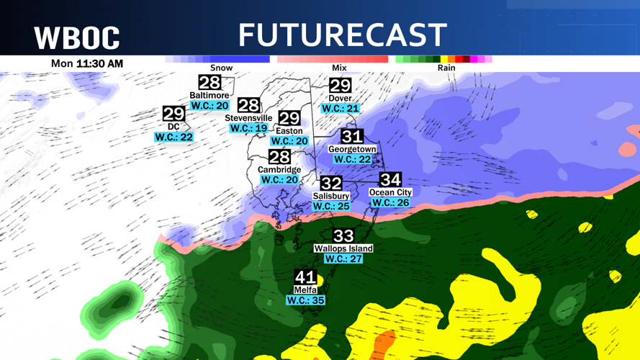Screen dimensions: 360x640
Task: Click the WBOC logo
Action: pyautogui.click(x=77, y=37)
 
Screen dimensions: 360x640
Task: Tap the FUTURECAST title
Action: pyautogui.click(x=343, y=35)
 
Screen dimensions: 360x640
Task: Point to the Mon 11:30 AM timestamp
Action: pyautogui.click(x=87, y=63)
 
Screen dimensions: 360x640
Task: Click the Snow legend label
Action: pyautogui.click(x=221, y=68)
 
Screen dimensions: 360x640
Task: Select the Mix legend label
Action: pyautogui.click(x=339, y=68)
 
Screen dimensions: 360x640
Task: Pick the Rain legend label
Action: pyautogui.click(x=446, y=68)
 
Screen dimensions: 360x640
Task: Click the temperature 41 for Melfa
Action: pyautogui.click(x=306, y=277)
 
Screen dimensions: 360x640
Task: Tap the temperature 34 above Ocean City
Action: pyautogui.click(x=390, y=179)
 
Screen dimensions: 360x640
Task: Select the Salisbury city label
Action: pyautogui.click(x=331, y=196)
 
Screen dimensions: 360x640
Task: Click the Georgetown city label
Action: pyautogui.click(x=352, y=149)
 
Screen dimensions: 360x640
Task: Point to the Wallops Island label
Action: pyautogui.click(x=343, y=248)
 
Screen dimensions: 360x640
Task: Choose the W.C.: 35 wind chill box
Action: pyautogui.click(x=306, y=300)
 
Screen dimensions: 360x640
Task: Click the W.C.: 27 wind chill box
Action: pyautogui.click(x=343, y=258)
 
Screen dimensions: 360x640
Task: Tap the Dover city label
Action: pyautogui.click(x=340, y=98)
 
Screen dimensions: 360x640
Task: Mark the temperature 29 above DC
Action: pyautogui.click(x=173, y=114)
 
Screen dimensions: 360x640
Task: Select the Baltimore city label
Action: pyautogui.click(x=209, y=95)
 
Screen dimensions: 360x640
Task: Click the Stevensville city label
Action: pyautogui.click(x=248, y=117)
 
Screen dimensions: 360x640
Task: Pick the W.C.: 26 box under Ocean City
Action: pyautogui.click(x=391, y=203)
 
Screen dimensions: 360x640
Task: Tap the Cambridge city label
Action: pyautogui.click(x=279, y=170)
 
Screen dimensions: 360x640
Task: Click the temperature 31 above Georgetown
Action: pyautogui.click(x=352, y=136)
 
